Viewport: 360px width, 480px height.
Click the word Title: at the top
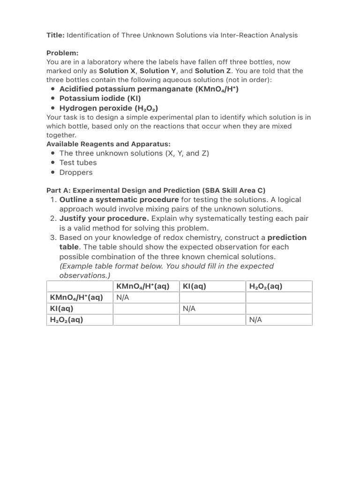[x=55, y=35]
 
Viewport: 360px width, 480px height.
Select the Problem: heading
[x=62, y=53]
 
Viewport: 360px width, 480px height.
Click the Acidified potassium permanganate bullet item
[x=149, y=89]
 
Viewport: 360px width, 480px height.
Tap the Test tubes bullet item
[x=78, y=163]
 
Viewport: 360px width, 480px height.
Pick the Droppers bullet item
[x=76, y=172]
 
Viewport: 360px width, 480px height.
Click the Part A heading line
[x=156, y=190]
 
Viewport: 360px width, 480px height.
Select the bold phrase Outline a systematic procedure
[x=119, y=199]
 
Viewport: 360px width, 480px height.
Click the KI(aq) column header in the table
[x=195, y=286]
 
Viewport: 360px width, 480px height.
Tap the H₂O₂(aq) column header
[x=266, y=286]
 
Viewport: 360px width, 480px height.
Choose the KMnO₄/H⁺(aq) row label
[x=76, y=298]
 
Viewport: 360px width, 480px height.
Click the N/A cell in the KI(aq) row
[x=189, y=309]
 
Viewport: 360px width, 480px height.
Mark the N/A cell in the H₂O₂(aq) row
[x=255, y=320]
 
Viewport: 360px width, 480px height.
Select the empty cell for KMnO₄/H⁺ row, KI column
[x=212, y=298]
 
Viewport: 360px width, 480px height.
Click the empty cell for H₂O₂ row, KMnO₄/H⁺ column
[x=146, y=320]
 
